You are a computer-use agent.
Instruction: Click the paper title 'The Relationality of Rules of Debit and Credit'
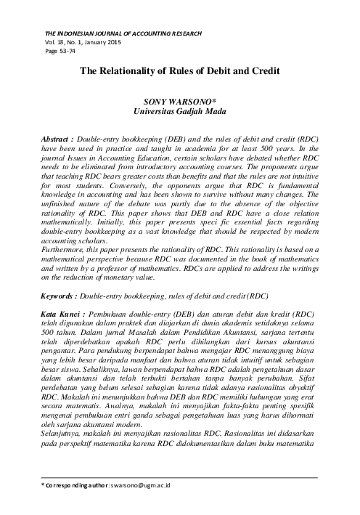click(x=180, y=73)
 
